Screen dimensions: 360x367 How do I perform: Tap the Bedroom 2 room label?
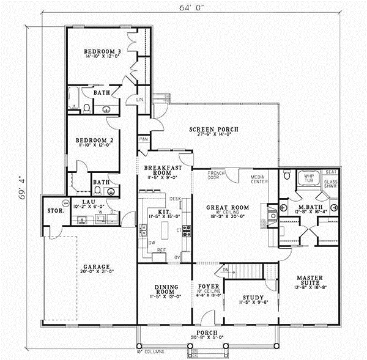(98, 140)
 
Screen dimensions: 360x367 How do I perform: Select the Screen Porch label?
(213, 129)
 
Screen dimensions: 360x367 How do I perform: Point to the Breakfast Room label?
(160, 169)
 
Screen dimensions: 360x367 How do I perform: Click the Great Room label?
(227, 208)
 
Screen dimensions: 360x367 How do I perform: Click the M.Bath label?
(306, 207)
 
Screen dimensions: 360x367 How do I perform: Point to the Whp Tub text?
(306, 178)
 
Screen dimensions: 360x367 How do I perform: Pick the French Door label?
(214, 175)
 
